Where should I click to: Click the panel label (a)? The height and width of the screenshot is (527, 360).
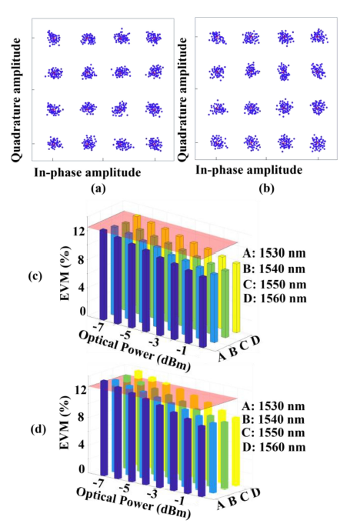(98, 189)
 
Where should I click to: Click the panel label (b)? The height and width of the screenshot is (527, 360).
(267, 188)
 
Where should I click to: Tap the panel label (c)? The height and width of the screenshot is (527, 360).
(35, 276)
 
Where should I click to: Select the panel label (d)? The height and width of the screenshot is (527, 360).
(38, 429)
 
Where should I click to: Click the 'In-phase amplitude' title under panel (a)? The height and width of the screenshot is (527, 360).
(88, 172)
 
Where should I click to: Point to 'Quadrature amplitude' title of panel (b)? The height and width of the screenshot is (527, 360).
(182, 99)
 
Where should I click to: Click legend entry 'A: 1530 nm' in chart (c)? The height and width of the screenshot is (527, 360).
(275, 253)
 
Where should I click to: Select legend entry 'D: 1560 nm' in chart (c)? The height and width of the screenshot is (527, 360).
(275, 299)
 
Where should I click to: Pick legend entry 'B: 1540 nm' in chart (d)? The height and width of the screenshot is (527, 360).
(273, 419)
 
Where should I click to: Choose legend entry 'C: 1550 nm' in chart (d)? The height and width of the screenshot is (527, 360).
(273, 432)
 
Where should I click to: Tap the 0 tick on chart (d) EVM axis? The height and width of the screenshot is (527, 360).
(82, 469)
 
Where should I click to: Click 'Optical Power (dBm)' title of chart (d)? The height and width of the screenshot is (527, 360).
(134, 503)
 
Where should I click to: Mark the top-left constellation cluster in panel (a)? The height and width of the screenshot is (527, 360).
(53, 38)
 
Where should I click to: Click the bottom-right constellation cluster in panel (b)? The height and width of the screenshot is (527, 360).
(318, 143)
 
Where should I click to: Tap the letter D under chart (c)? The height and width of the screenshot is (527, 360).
(256, 341)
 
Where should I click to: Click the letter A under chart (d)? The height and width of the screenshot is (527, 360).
(222, 505)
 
